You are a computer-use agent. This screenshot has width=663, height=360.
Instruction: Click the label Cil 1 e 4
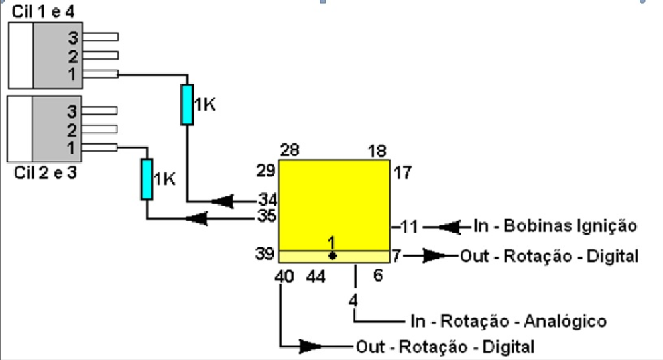pos(42,11)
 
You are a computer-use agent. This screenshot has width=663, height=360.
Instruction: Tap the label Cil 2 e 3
pos(45,172)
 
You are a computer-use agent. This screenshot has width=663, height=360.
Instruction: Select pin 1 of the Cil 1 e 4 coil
pos(101,74)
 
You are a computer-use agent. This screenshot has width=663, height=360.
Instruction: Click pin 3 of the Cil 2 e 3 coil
pos(99,111)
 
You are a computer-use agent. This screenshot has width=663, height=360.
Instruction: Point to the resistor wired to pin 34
pos(188,105)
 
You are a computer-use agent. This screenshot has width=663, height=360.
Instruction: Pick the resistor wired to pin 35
pos(147,179)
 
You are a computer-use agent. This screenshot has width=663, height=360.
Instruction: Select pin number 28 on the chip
pos(290,150)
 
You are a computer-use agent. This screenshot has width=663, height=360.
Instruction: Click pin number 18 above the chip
pos(377,150)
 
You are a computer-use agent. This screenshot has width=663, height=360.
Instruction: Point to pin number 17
pos(402,172)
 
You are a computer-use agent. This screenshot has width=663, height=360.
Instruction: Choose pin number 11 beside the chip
pos(409,227)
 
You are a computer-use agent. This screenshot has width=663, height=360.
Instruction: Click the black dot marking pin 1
pos(332,255)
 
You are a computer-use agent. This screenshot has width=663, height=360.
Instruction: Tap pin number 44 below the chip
pos(316,277)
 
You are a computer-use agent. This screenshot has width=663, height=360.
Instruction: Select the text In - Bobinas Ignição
pos(555,226)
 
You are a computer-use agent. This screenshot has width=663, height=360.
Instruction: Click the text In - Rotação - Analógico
pos(509,321)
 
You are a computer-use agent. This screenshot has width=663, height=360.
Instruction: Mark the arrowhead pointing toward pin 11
pos(449,227)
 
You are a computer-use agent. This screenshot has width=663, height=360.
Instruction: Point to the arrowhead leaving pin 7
pos(435,255)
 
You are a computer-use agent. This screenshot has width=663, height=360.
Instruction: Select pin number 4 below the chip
pos(353,300)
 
